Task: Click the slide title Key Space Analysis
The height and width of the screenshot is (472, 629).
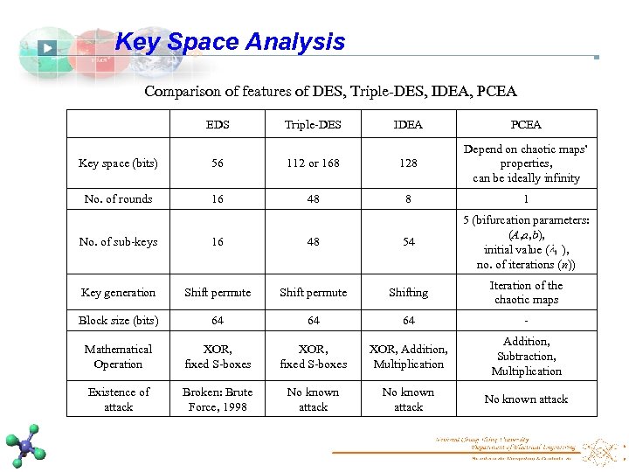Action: pos(230,42)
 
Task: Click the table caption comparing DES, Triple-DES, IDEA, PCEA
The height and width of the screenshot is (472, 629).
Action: pos(330,91)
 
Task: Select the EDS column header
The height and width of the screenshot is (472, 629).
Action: pos(218,125)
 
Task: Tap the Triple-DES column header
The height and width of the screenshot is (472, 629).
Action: pos(313,125)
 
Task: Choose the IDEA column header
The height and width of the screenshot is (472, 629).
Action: pos(408,125)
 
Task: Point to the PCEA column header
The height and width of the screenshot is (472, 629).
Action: pos(526,125)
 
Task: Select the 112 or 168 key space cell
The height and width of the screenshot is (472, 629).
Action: pos(313,163)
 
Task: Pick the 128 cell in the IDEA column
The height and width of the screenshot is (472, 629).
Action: pos(408,163)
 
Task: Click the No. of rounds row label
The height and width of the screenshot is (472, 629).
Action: pos(118,199)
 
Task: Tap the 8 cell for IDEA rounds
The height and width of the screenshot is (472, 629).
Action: pos(408,199)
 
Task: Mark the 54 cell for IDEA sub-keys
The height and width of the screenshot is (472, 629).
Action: pos(408,242)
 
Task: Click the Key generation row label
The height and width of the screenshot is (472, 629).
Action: pos(118,293)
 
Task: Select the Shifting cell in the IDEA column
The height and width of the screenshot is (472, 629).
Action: pos(408,293)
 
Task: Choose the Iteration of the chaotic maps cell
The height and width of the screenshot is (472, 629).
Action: pos(526,293)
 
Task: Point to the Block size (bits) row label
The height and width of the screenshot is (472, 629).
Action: pos(118,321)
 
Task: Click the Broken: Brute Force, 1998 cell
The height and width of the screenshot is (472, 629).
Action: pos(218,399)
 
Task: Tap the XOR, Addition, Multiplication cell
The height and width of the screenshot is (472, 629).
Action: pos(408,357)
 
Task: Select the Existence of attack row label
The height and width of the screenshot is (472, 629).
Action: pos(118,399)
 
